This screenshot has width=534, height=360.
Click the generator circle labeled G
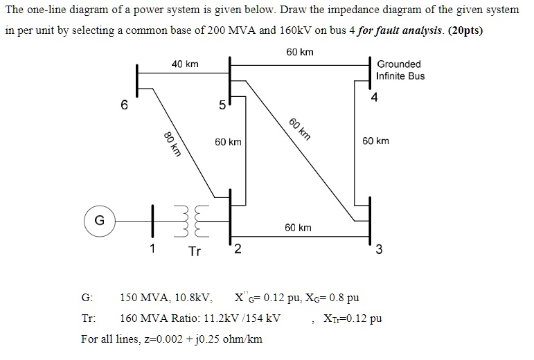100,221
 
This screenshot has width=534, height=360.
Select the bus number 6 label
123,105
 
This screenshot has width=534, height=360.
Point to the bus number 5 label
221,106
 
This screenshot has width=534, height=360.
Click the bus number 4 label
375,98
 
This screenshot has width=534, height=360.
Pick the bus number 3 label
378,251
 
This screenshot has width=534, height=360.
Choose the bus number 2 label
238,250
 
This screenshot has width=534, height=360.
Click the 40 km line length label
185,64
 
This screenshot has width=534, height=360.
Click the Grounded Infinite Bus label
400,70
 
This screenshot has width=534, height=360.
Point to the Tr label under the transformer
195,251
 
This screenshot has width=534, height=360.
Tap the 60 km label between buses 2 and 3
298,227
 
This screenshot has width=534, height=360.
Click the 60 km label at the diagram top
299,52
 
